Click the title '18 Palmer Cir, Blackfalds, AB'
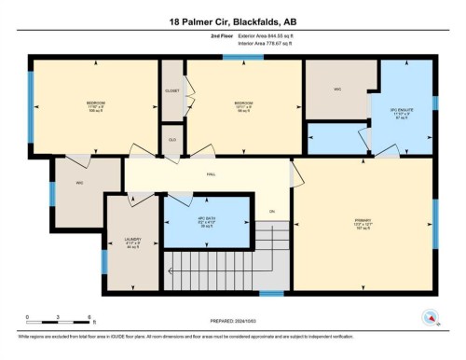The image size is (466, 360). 233,21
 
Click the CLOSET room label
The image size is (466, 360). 172,91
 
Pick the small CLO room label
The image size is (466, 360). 172,139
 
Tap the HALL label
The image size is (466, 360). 212,173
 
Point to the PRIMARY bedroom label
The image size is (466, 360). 364,221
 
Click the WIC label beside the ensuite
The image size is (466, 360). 338,90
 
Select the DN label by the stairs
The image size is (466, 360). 272,211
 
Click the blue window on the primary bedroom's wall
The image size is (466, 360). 435,224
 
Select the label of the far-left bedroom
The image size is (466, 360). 96,104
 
